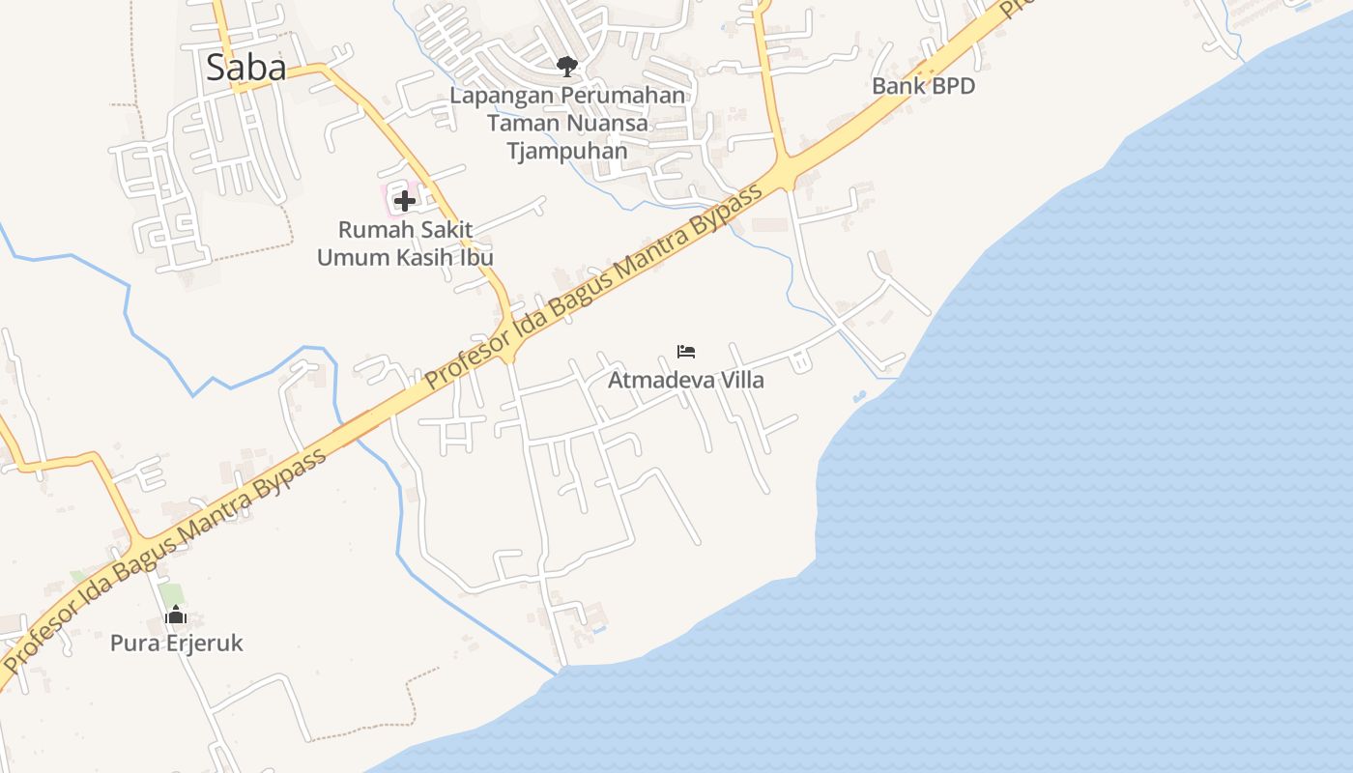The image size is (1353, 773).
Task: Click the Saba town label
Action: (x=246, y=68)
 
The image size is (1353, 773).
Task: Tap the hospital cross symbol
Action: (x=405, y=201)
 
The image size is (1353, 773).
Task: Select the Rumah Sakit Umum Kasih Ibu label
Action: (x=405, y=244)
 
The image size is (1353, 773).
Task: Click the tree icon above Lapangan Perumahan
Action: (x=567, y=67)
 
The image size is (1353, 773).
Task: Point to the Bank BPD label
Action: (x=923, y=86)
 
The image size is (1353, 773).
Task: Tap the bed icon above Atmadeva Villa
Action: (x=686, y=352)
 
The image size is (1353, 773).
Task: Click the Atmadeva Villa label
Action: (x=685, y=381)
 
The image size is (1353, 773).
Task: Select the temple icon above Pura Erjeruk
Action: (x=175, y=616)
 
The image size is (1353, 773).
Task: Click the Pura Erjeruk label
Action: (x=176, y=644)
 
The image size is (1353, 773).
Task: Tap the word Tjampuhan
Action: (x=567, y=152)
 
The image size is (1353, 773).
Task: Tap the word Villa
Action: (x=737, y=381)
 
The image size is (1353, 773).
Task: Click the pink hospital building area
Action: (x=395, y=190)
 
